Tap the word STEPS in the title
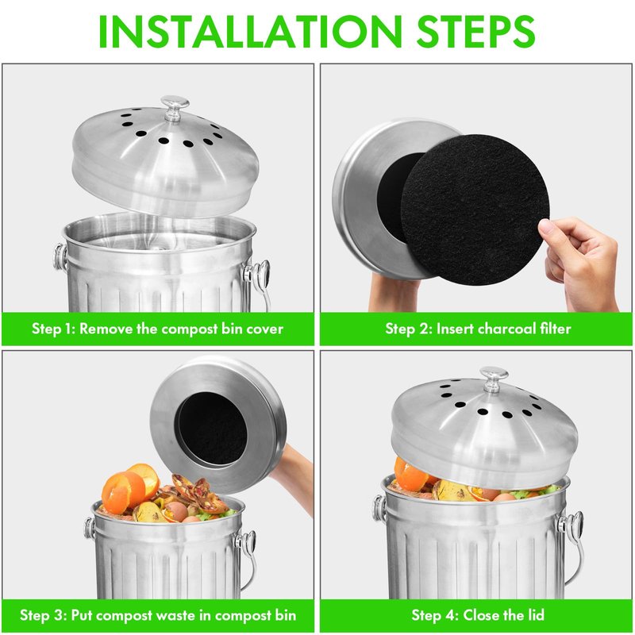[475, 32]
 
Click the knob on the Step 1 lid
[175, 108]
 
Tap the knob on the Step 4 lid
[494, 379]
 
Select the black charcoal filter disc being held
[475, 209]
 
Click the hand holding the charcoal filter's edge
[581, 264]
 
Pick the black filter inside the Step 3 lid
[213, 429]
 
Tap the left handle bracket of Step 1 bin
[61, 256]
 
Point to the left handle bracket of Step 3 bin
[90, 528]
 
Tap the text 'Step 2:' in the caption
[408, 329]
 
